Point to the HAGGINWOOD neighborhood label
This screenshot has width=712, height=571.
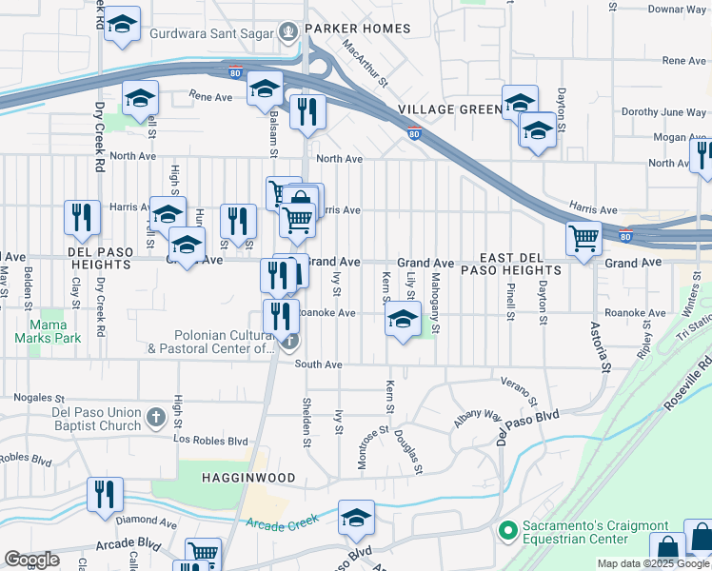coord(248,477)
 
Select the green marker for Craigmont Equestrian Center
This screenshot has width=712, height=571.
coord(506,528)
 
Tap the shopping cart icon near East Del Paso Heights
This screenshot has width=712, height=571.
coord(583,238)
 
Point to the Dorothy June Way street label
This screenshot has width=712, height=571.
coord(667,111)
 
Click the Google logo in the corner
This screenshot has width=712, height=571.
coord(30,560)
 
